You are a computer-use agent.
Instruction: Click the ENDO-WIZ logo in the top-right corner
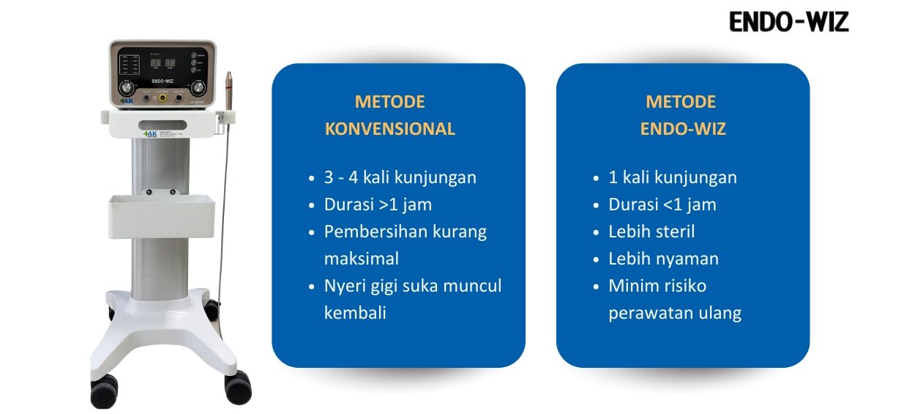[788, 23]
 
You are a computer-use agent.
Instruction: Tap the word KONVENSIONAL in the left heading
[389, 129]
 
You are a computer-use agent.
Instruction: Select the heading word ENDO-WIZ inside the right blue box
[682, 129]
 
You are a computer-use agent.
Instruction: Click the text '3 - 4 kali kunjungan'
[400, 177]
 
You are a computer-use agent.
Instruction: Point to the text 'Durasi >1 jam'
[378, 204]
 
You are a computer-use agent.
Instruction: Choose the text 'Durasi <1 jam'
[662, 204]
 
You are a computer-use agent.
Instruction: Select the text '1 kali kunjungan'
[672, 177]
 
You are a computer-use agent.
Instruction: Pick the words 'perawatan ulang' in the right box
[674, 313]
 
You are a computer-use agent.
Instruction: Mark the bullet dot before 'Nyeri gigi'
[312, 287]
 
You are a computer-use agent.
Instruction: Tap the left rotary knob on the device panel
[124, 88]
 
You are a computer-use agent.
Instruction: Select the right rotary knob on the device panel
[199, 88]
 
